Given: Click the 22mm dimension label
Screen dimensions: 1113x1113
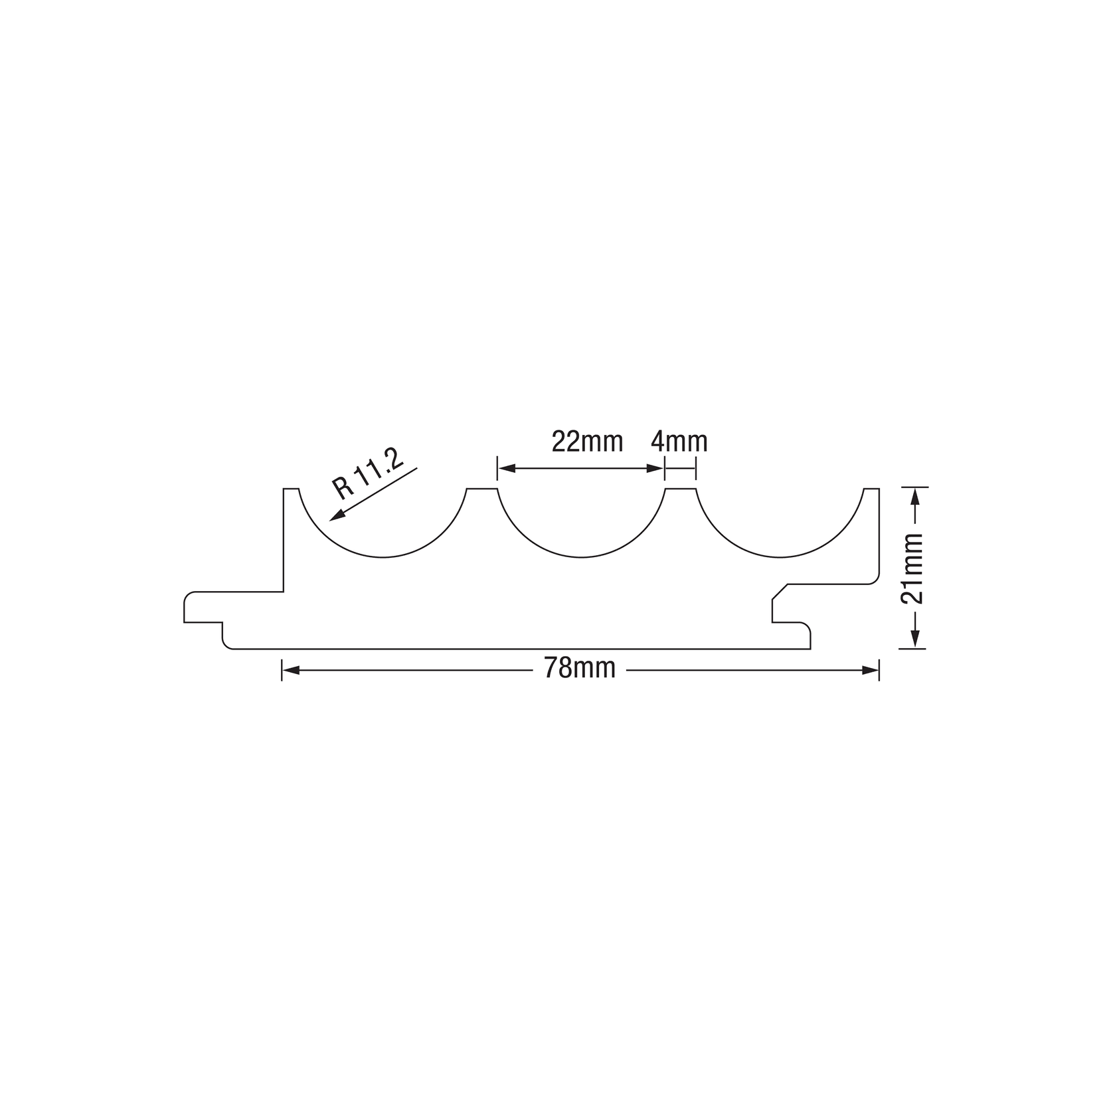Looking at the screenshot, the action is pyautogui.click(x=587, y=441).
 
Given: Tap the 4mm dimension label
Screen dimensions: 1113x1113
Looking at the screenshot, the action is pyautogui.click(x=679, y=441).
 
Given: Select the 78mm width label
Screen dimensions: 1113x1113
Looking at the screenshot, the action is pyautogui.click(x=580, y=668).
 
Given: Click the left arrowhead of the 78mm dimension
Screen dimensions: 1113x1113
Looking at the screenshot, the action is pyautogui.click(x=290, y=671).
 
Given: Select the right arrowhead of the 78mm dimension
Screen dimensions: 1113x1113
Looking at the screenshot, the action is pyautogui.click(x=871, y=671).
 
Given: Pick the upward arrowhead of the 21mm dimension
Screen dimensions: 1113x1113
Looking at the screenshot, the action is pyautogui.click(x=914, y=496).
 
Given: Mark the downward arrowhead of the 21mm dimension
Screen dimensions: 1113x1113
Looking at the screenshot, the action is pyautogui.click(x=914, y=640).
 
